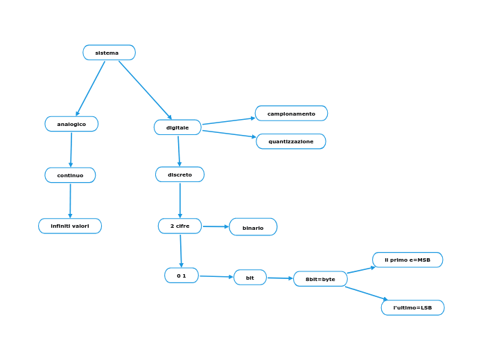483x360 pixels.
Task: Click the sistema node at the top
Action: pyautogui.click(x=109, y=53)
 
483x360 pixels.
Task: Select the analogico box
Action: pyautogui.click(x=71, y=124)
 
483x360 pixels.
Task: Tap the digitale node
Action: pyautogui.click(x=177, y=127)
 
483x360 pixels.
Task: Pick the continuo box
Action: pyautogui.click(x=70, y=175)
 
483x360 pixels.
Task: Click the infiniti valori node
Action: pyautogui.click(x=70, y=226)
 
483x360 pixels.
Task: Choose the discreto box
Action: pyautogui.click(x=179, y=174)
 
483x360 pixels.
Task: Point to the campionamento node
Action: pyautogui.click(x=291, y=114)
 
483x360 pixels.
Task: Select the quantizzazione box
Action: pyautogui.click(x=291, y=141)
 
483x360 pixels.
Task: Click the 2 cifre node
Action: pyautogui.click(x=179, y=226)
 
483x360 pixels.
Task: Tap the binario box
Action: pyautogui.click(x=253, y=227)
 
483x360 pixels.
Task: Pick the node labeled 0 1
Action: pyautogui.click(x=182, y=276)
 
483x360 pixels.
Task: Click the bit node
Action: pyautogui.click(x=250, y=278)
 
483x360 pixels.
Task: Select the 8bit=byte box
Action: pyautogui.click(x=320, y=279)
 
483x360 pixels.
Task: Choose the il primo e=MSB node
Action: pyautogui.click(x=407, y=260)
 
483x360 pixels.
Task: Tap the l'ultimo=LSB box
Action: pyautogui.click(x=412, y=307)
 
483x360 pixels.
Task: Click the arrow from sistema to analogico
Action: pyautogui.click(x=91, y=88)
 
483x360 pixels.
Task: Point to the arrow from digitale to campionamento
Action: pyautogui.click(x=229, y=121)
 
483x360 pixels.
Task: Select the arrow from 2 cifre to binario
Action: pyautogui.click(x=216, y=226)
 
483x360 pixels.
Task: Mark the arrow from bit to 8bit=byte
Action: pyautogui.click(x=280, y=278)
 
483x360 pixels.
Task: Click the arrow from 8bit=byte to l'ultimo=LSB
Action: pyautogui.click(x=366, y=293)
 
